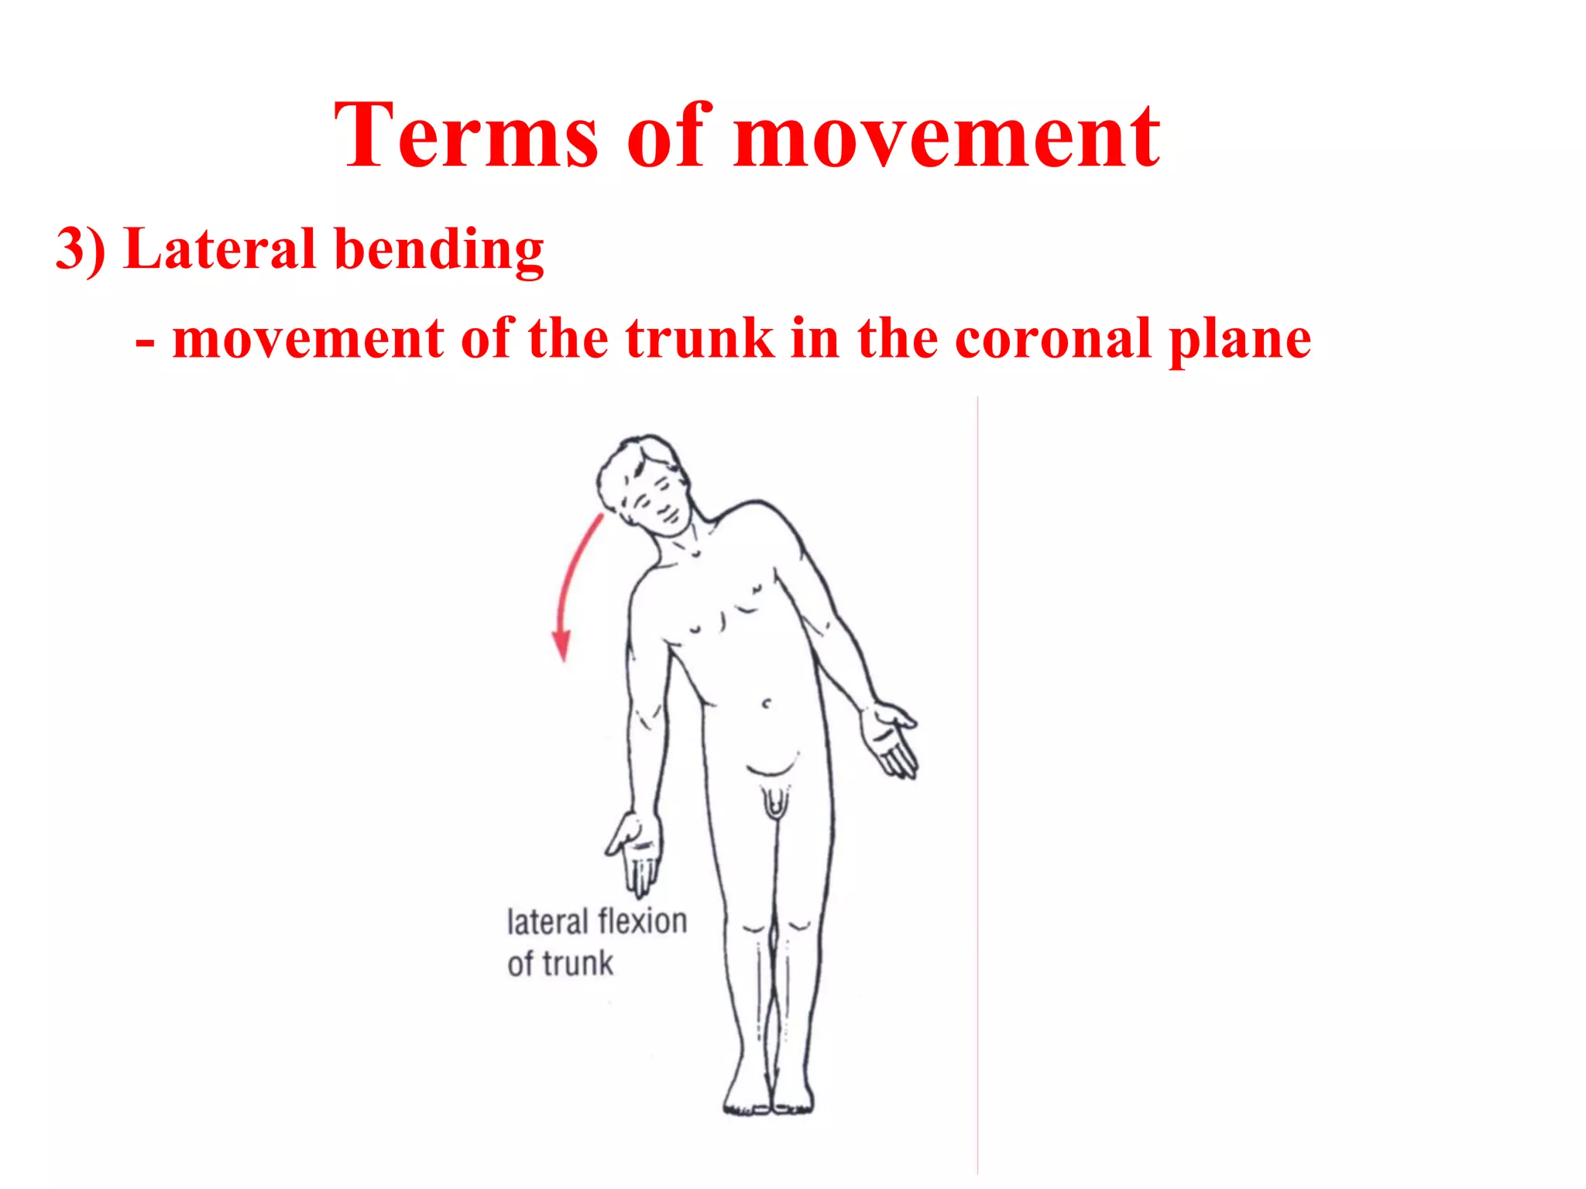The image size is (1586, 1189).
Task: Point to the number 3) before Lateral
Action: (81, 249)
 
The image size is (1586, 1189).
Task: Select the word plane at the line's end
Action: (1239, 341)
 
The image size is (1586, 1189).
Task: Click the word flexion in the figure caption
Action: (642, 922)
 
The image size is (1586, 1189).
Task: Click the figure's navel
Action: (767, 704)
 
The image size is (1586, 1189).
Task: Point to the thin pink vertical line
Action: (977, 774)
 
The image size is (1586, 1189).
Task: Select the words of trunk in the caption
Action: (560, 965)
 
